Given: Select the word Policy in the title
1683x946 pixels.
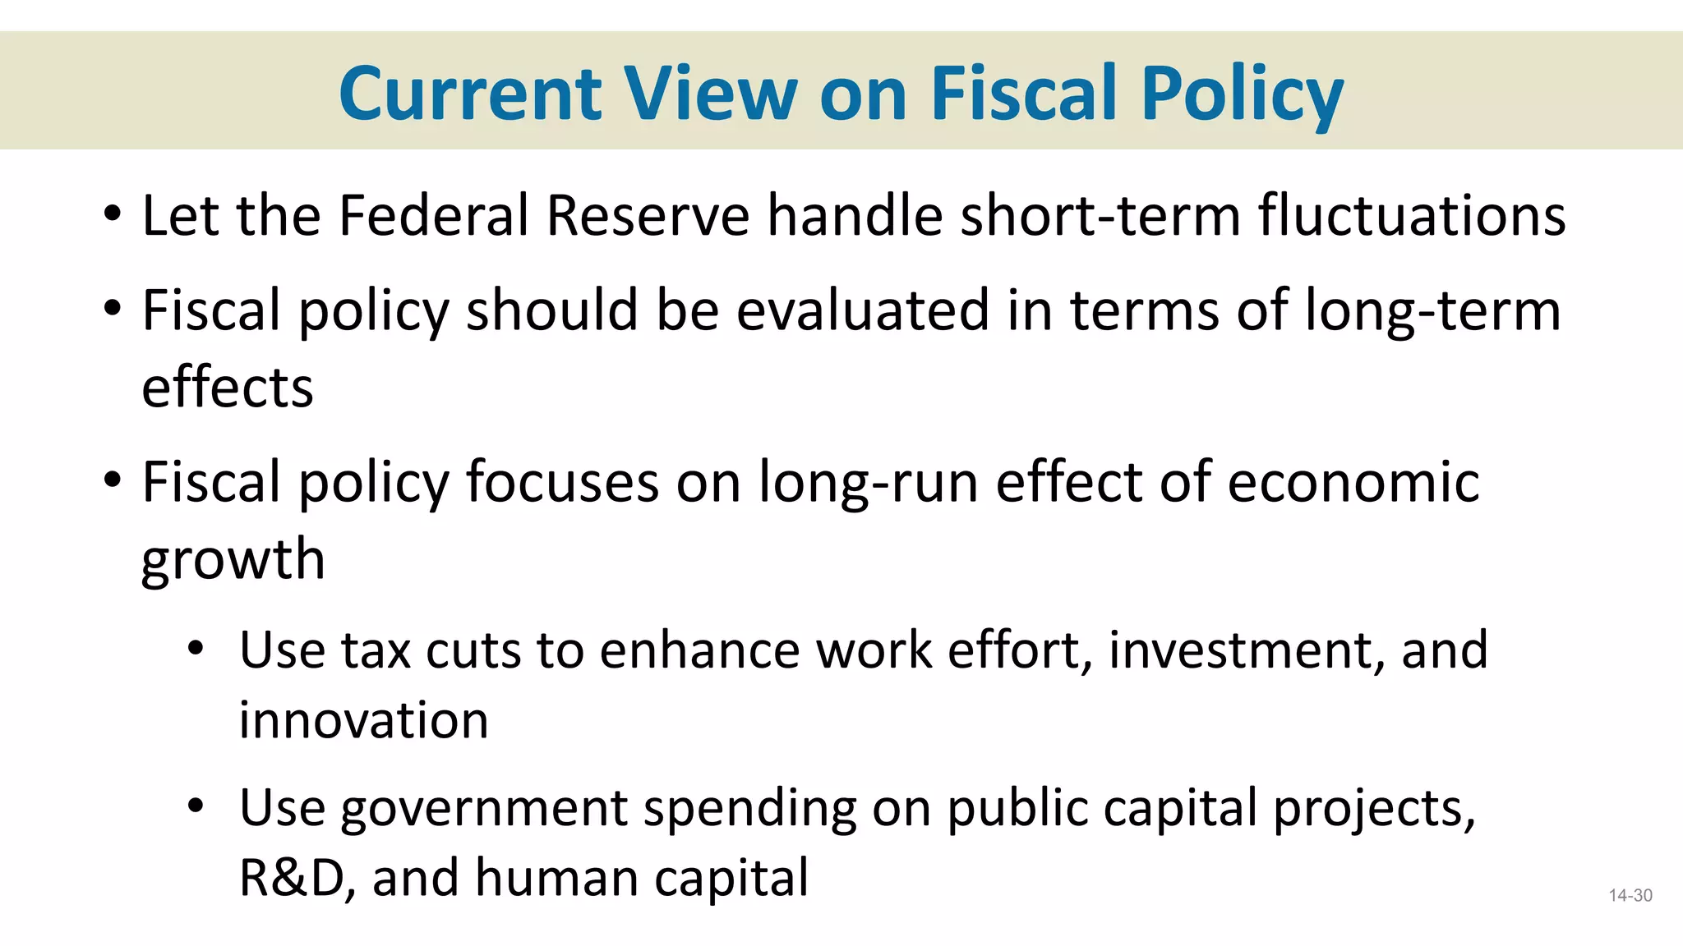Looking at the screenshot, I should (x=1242, y=94).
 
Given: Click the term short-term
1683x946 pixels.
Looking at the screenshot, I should (x=1100, y=216).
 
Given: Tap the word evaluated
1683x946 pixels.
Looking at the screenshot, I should (x=862, y=310).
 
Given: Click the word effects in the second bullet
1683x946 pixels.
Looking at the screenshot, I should (x=228, y=388).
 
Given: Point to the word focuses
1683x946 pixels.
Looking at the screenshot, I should (x=562, y=482).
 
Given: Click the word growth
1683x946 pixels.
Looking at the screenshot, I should (x=233, y=560).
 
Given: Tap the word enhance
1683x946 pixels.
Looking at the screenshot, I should (x=699, y=650).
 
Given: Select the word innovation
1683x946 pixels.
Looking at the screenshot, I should (x=363, y=720).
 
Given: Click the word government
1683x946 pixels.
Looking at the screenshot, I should (x=484, y=808).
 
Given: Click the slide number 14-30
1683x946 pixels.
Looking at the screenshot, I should (x=1630, y=896).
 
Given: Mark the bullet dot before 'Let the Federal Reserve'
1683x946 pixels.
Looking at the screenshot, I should (x=113, y=216).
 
